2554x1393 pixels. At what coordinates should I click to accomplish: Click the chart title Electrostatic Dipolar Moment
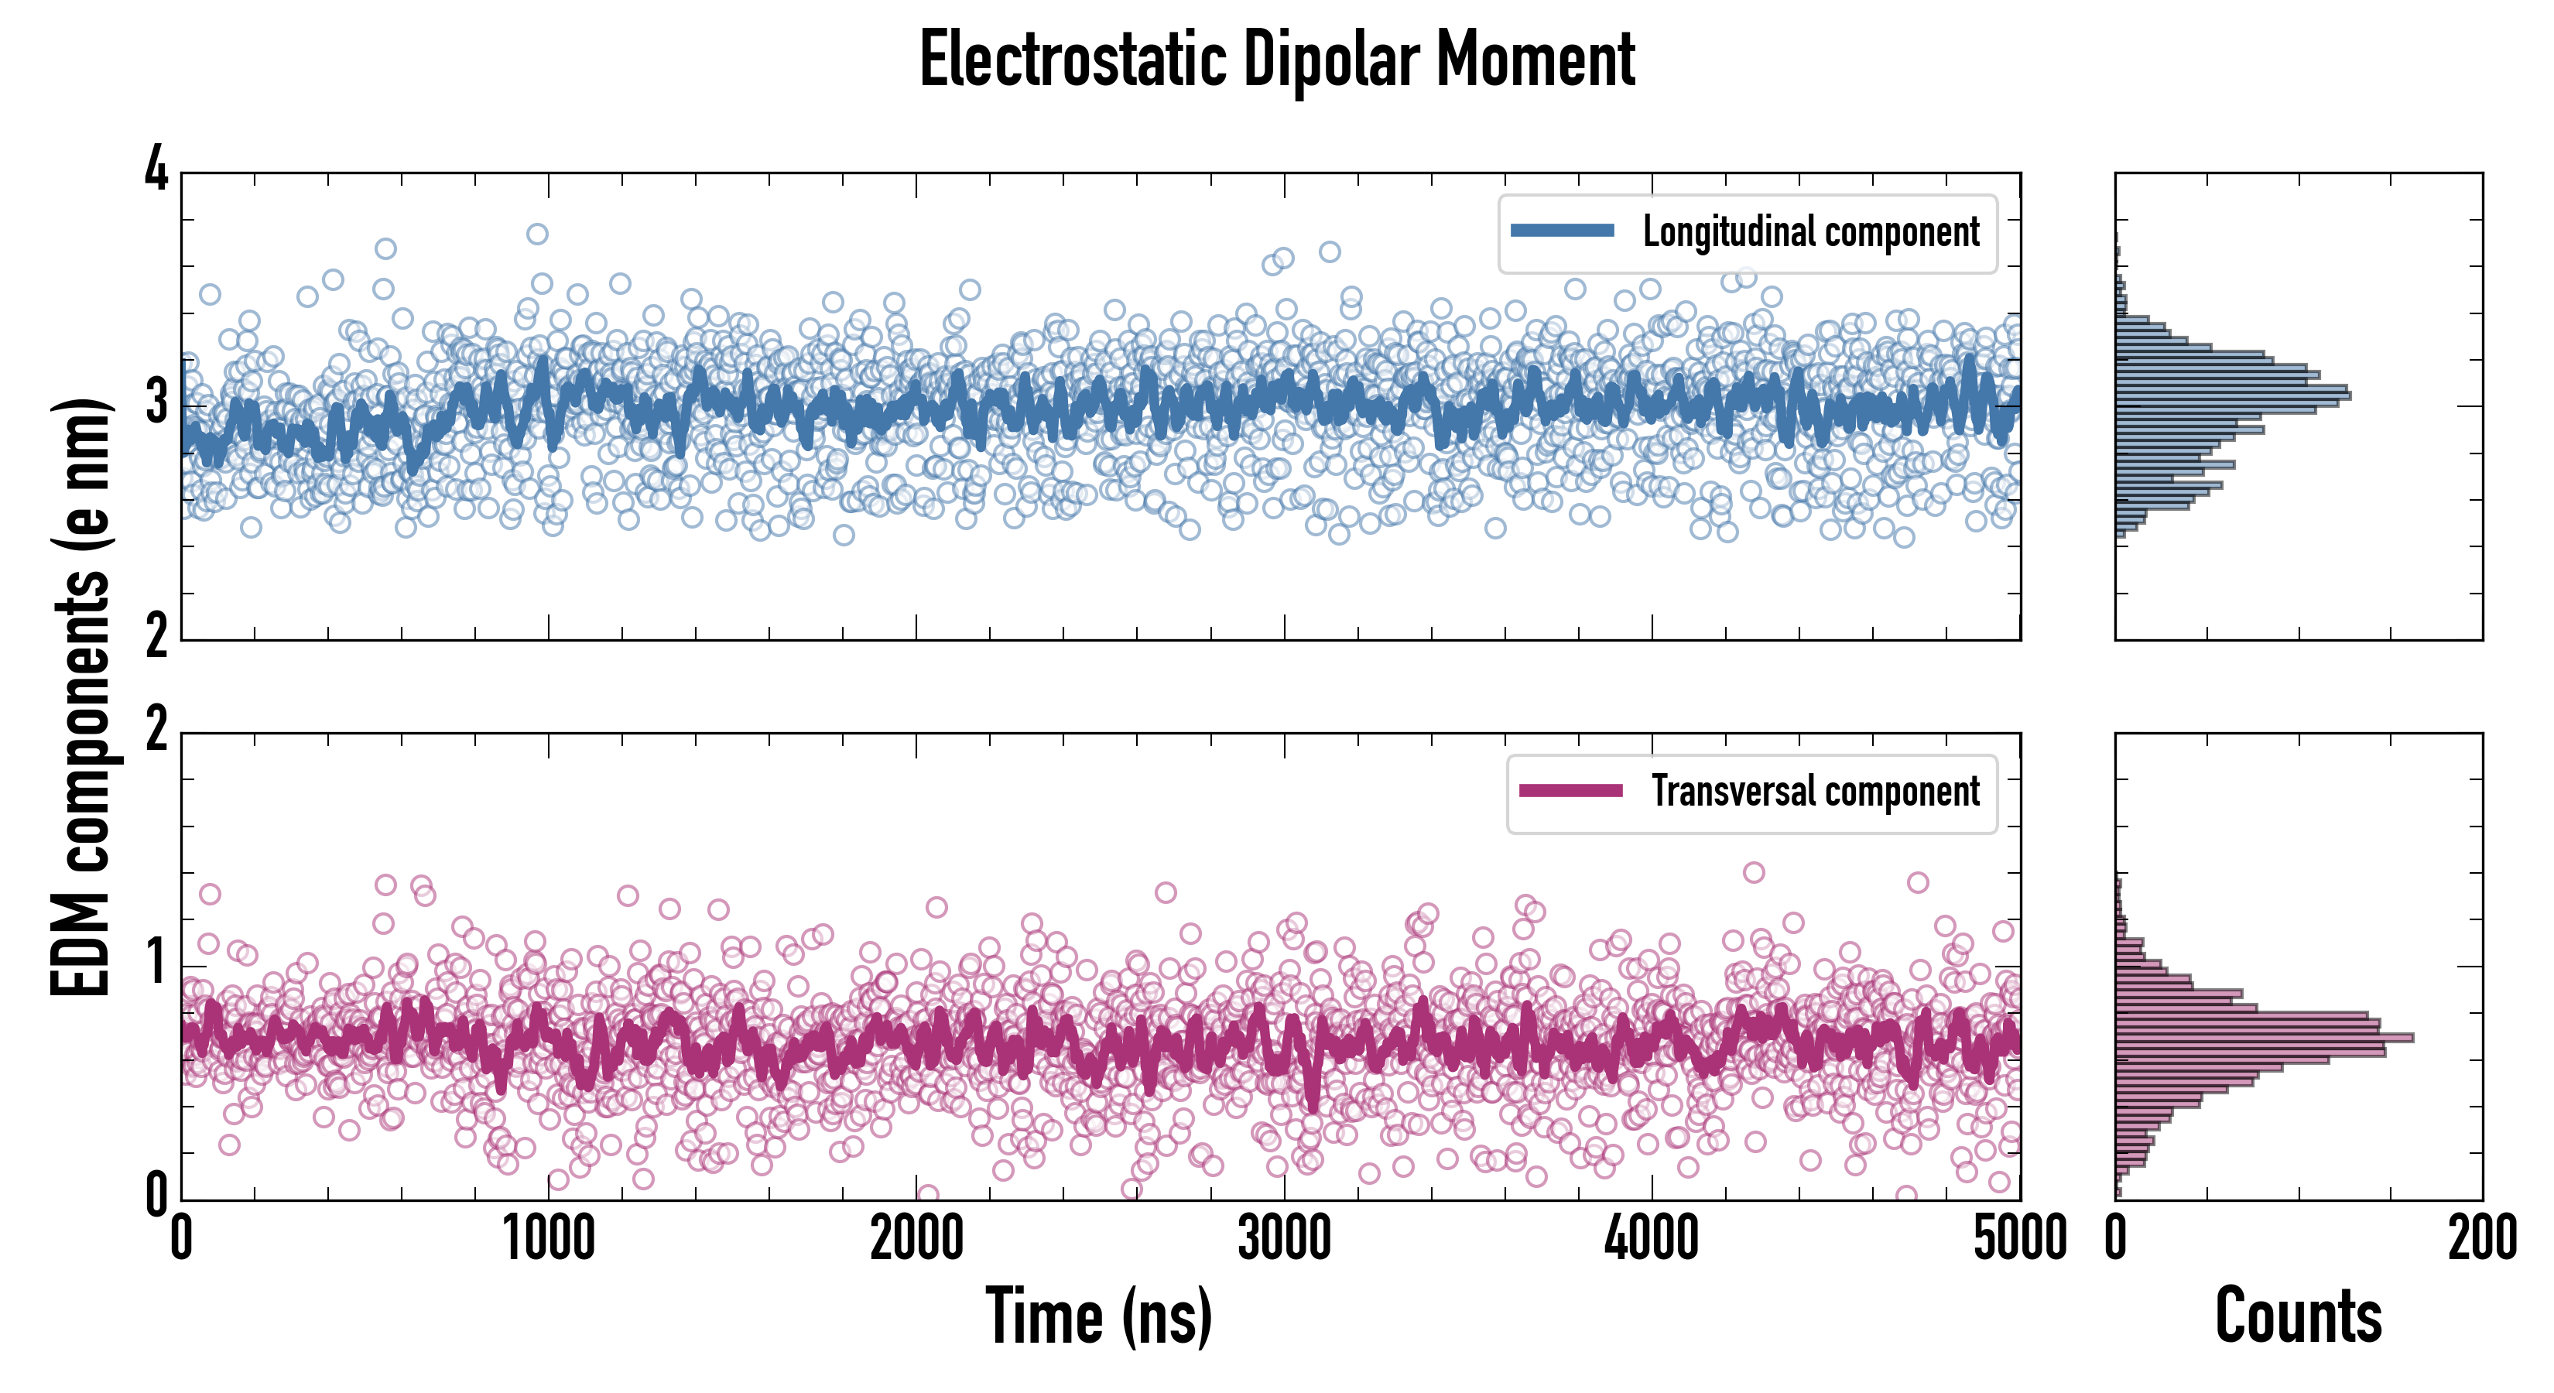[x=1277, y=60]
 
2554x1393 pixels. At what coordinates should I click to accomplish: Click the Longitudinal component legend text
[x=1810, y=232]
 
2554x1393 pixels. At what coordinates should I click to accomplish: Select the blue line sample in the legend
[x=1562, y=231]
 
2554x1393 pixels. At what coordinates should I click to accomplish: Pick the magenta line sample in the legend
[x=1570, y=791]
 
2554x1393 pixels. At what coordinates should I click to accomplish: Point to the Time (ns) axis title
[x=1098, y=1316]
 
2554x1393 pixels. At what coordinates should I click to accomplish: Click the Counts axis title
[x=2298, y=1316]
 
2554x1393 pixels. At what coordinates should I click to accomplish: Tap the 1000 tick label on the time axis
[x=548, y=1239]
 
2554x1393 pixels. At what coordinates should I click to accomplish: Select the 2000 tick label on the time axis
[x=916, y=1239]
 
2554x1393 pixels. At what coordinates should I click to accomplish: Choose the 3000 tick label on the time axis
[x=1284, y=1239]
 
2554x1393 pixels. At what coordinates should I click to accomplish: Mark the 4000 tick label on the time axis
[x=1652, y=1239]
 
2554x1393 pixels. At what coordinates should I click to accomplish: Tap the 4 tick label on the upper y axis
[x=156, y=170]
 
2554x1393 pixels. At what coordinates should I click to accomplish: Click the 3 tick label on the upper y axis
[x=156, y=403]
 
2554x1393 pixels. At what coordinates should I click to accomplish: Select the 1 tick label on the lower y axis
[x=156, y=963]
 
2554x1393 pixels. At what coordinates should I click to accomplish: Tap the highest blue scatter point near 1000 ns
[x=537, y=234]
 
